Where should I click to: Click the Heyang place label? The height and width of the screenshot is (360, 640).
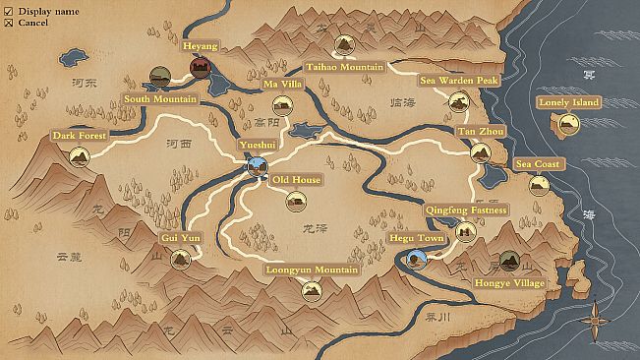(201, 45)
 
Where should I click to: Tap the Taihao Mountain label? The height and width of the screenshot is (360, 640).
(344, 67)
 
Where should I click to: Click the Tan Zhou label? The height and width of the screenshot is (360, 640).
(480, 131)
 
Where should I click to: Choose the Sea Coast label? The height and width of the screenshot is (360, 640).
(539, 164)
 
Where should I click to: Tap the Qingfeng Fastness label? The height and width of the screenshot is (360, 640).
(466, 210)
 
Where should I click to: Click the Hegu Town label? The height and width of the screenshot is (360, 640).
(416, 238)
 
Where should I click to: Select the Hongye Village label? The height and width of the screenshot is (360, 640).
(509, 283)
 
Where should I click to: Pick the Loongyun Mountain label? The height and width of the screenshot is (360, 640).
(312, 269)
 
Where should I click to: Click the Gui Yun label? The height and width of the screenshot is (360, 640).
(180, 238)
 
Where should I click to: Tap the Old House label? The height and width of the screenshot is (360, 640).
(296, 180)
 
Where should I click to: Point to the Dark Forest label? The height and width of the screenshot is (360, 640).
(79, 136)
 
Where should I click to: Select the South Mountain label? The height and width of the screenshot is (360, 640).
(160, 98)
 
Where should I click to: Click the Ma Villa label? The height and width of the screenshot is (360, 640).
(282, 85)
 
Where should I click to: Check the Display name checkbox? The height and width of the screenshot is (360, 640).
(9, 10)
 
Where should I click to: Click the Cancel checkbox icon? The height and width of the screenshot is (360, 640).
(9, 22)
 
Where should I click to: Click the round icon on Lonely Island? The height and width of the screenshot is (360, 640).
(568, 123)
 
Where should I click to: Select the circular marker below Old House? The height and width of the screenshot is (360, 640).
(296, 202)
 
